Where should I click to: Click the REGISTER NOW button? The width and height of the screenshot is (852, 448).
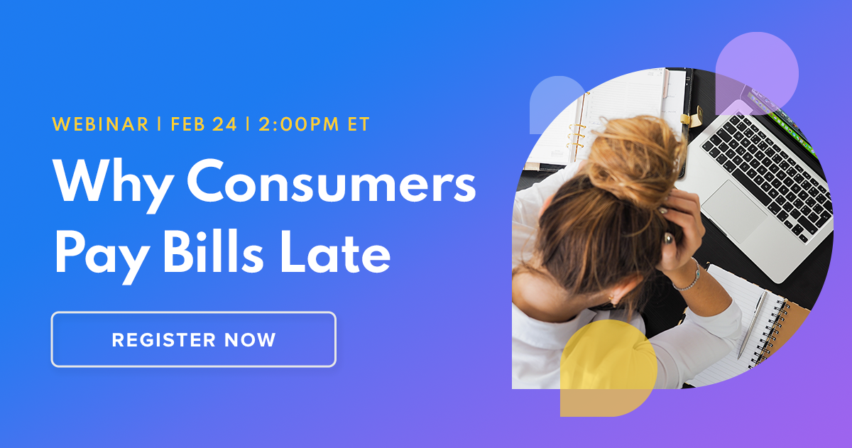193,339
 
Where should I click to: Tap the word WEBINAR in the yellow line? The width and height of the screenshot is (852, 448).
100,124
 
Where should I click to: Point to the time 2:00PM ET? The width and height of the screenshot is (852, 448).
314,124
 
